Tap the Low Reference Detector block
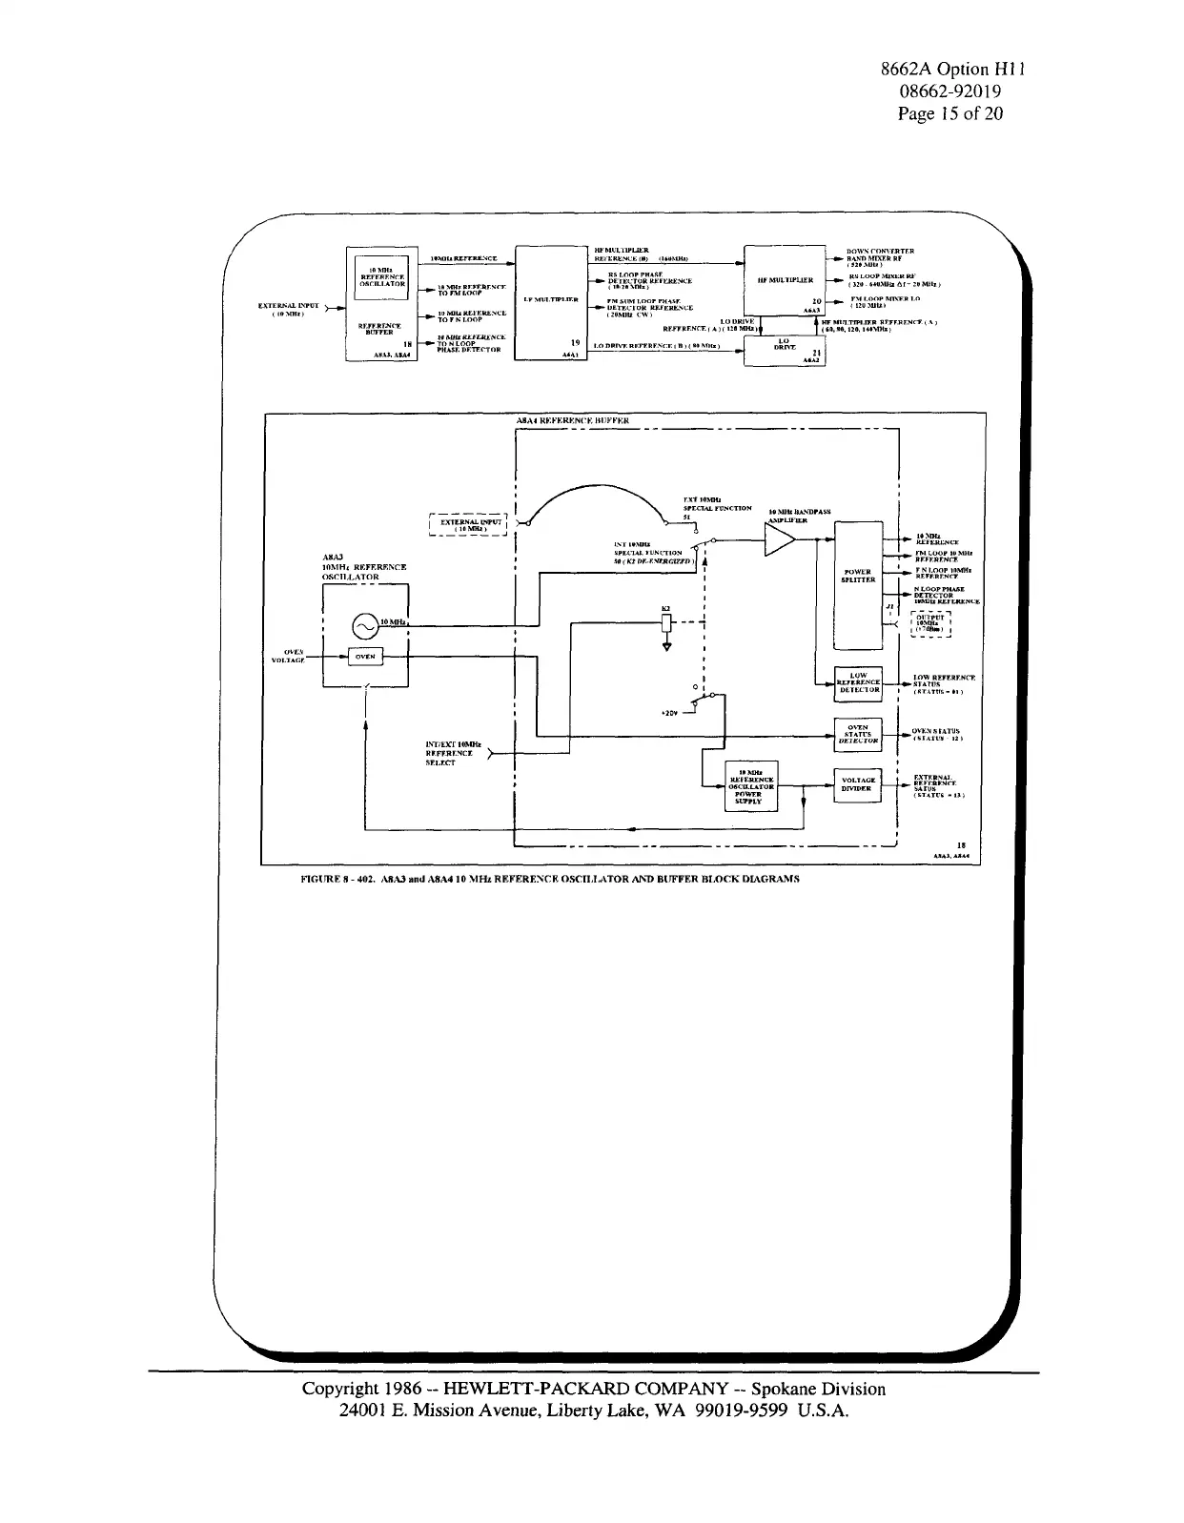[x=858, y=682]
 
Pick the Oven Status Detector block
[x=858, y=735]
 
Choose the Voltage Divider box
[x=858, y=785]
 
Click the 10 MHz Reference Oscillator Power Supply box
[x=752, y=786]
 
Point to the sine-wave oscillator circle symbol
[x=364, y=625]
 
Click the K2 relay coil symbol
[x=665, y=625]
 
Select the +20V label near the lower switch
[x=669, y=712]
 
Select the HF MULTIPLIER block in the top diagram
[x=785, y=280]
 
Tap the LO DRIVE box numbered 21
[x=785, y=350]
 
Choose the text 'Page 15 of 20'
[x=950, y=113]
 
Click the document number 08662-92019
[x=950, y=91]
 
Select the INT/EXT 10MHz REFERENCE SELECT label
[x=454, y=753]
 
